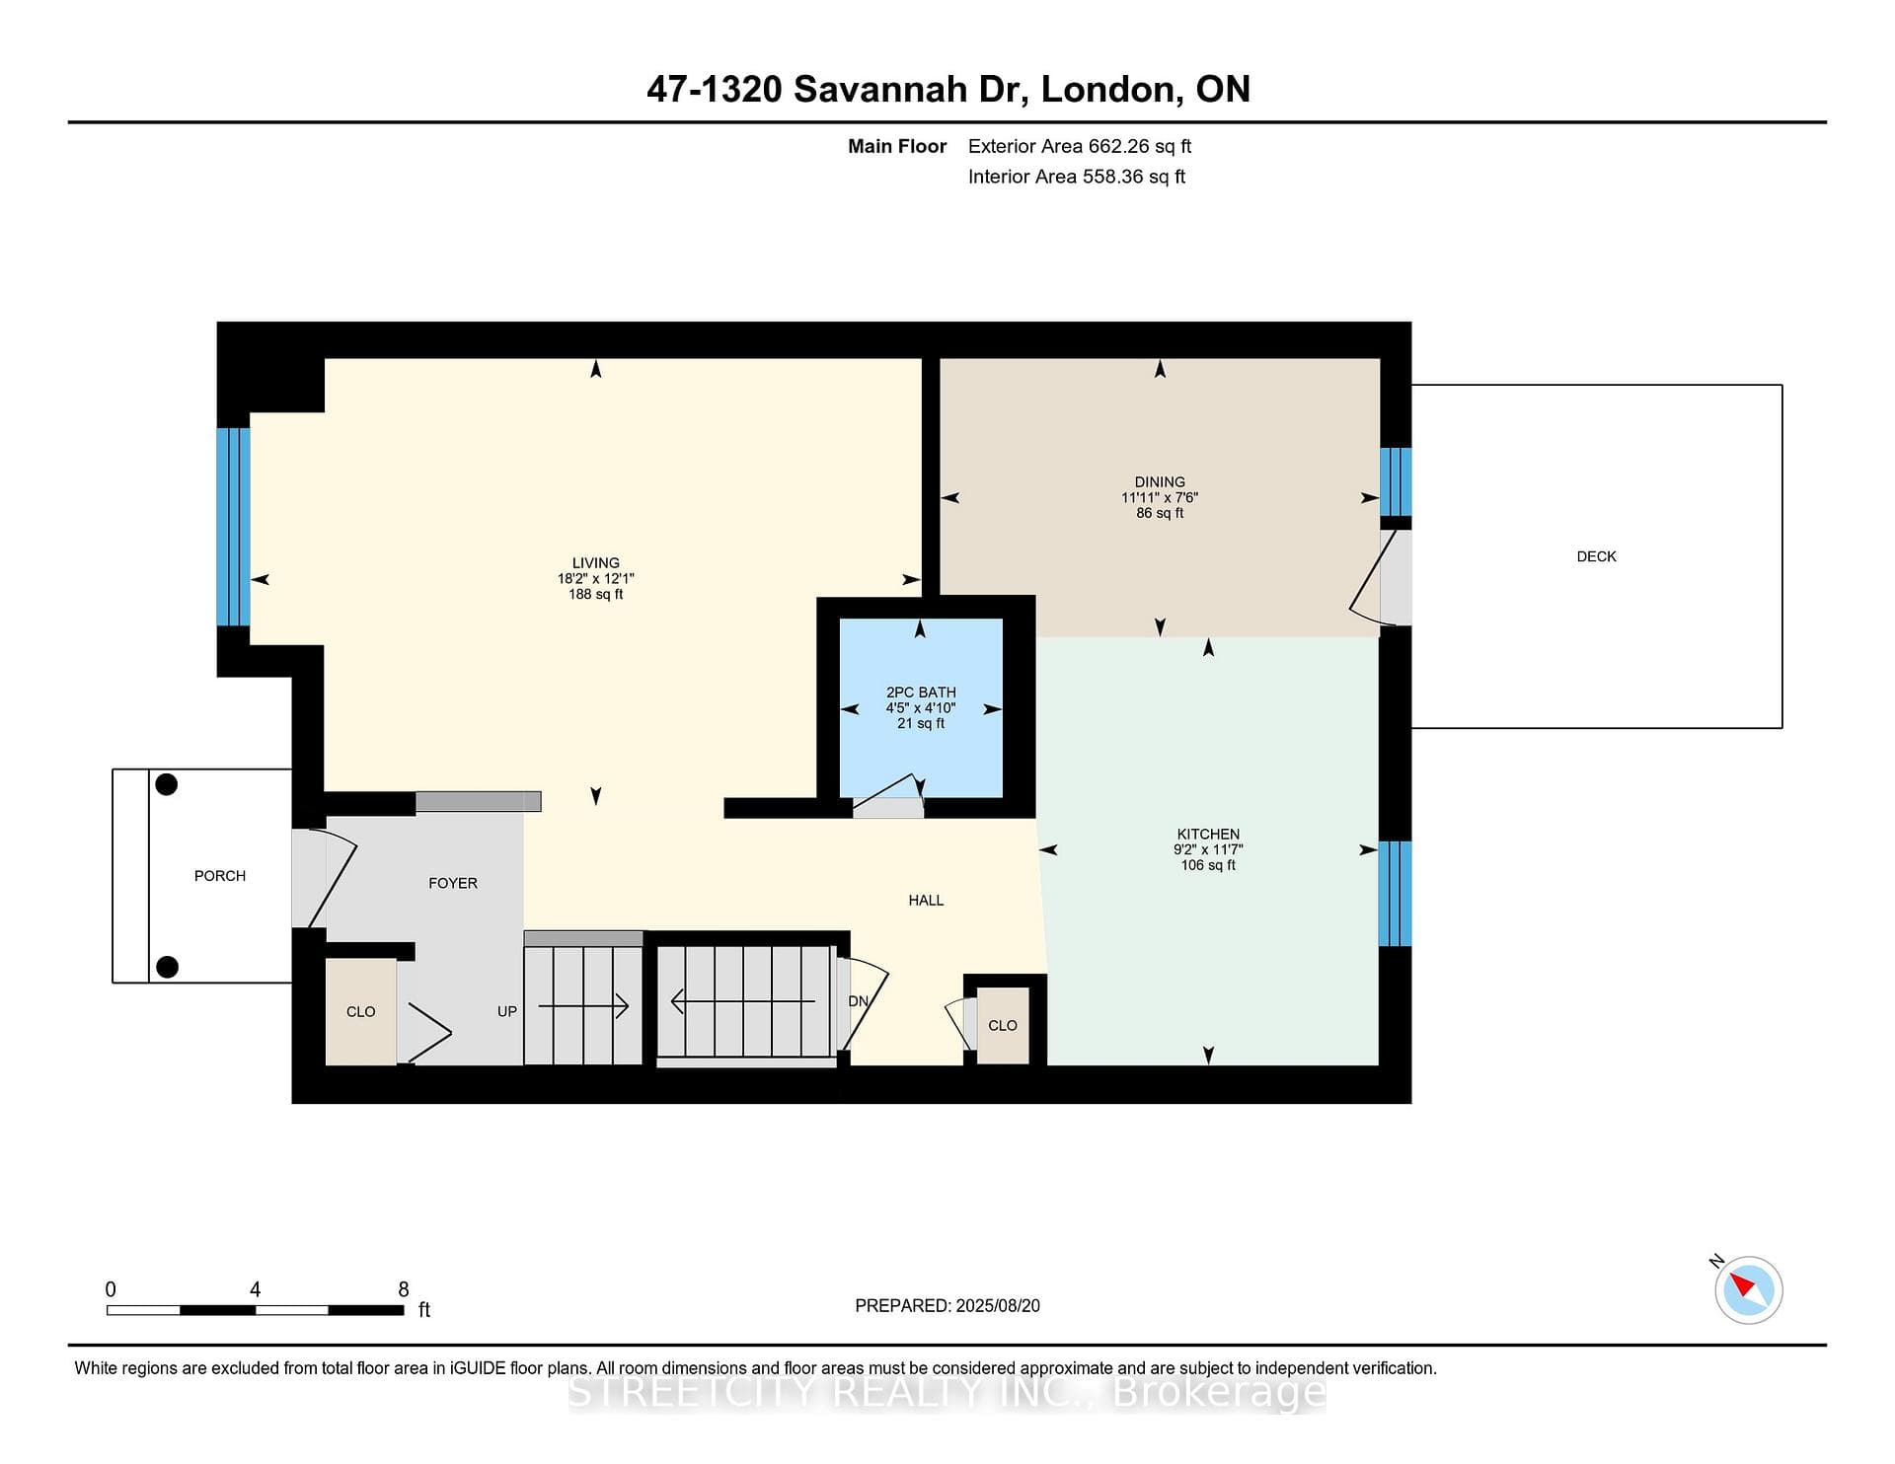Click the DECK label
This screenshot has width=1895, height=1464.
click(x=1596, y=556)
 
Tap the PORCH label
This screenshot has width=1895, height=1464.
click(x=220, y=876)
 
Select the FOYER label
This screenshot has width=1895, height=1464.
click(x=453, y=883)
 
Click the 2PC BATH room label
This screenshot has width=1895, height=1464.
click(x=921, y=693)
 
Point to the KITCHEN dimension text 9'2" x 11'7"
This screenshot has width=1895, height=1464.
click(x=1208, y=849)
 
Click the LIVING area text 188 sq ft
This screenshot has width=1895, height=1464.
click(x=596, y=595)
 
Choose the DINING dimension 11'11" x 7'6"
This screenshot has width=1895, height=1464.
click(x=1160, y=498)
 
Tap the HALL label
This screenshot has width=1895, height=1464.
click(x=926, y=900)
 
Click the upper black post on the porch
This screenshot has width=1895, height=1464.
click(x=167, y=784)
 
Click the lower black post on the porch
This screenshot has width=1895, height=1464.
click(x=167, y=967)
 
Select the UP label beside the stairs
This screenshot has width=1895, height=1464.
click(x=507, y=1011)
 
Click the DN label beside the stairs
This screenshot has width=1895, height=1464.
click(x=859, y=1001)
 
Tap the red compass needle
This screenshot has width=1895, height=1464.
click(x=1741, y=1283)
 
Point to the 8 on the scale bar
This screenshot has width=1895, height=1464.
click(x=404, y=1289)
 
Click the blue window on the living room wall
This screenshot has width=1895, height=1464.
click(x=234, y=527)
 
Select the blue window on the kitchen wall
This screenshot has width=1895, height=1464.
click(x=1395, y=894)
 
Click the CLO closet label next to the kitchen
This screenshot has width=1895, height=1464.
click(x=1003, y=1026)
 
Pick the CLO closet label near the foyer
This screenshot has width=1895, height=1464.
click(x=361, y=1012)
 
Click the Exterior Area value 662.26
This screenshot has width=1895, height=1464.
click(x=1119, y=146)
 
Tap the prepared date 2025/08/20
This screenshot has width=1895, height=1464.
click(x=998, y=1306)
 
